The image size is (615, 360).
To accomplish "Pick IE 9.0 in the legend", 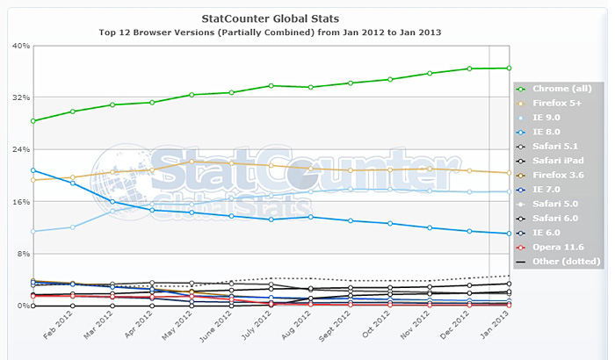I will pyautogui.click(x=551, y=118).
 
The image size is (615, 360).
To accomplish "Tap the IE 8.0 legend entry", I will pyautogui.click(x=551, y=132).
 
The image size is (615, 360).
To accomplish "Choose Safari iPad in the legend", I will pyautogui.click(x=558, y=161).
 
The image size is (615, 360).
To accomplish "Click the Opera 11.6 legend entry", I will pyautogui.click(x=559, y=247).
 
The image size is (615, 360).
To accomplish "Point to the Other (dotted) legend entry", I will pyautogui.click(x=562, y=261).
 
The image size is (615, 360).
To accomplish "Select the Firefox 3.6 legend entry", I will pyautogui.click(x=558, y=175).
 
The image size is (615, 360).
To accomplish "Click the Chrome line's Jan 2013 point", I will pyautogui.click(x=509, y=68).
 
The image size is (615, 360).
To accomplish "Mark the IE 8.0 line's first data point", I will pyautogui.click(x=33, y=170).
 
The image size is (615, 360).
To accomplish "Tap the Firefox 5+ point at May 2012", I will pyautogui.click(x=192, y=162).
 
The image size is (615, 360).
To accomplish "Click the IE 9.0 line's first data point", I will pyautogui.click(x=33, y=232).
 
